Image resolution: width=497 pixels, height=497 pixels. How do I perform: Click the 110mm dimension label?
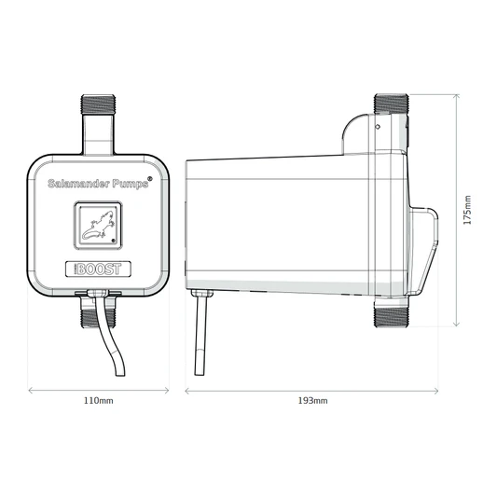(99, 401)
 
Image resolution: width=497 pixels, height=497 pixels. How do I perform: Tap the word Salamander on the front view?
(78, 184)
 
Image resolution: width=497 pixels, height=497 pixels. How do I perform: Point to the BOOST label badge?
(99, 268)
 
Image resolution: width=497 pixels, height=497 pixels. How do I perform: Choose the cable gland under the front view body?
(99, 296)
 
